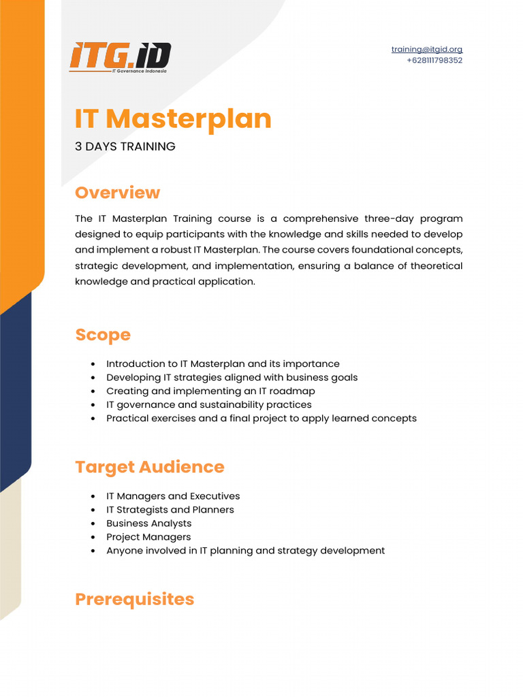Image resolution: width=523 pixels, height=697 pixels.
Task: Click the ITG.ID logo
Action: coord(120,57)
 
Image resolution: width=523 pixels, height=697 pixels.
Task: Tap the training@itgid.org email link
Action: coord(426,49)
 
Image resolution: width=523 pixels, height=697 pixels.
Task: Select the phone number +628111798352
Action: coord(434,60)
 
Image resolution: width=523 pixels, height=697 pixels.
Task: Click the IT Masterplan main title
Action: coord(173,118)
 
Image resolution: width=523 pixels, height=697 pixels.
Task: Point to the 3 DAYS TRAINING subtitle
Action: coord(125,146)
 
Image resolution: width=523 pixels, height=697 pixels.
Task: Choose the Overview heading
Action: coord(117,193)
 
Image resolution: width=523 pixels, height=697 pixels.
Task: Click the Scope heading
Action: coord(102,335)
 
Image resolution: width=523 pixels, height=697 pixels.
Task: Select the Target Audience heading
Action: coord(149,467)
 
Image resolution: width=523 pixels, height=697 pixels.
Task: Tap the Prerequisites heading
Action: coord(134,599)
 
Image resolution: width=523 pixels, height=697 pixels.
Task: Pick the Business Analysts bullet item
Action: coord(148,523)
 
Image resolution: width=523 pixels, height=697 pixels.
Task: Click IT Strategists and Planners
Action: coord(170,510)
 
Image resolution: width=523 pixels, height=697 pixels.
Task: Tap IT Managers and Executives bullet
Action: coord(173,496)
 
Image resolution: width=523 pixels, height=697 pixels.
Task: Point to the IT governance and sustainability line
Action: coord(208,405)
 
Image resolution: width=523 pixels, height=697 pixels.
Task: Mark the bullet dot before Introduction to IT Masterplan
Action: coord(93,364)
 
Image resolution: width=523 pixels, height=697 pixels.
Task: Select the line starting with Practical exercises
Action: coord(261,419)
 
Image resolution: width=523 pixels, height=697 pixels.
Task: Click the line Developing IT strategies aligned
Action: coord(232,378)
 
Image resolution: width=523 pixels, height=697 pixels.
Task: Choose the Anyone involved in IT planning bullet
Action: coord(245,551)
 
